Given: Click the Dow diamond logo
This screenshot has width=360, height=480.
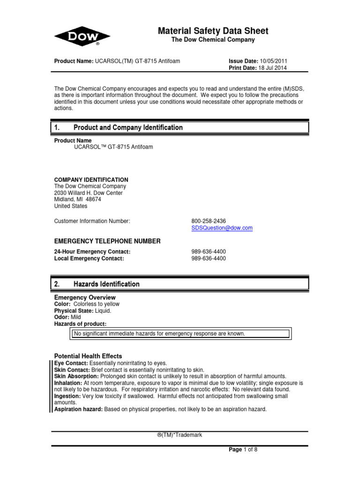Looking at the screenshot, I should tap(82, 36).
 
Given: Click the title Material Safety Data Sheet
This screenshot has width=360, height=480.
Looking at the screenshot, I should tap(213, 31).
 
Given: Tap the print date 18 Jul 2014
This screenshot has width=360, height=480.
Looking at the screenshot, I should tap(270, 67).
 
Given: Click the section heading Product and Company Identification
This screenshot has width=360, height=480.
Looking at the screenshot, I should tap(128, 127).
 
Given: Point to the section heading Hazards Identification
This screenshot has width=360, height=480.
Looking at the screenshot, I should tap(106, 284).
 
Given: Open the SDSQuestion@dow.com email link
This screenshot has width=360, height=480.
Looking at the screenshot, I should tap(222, 228).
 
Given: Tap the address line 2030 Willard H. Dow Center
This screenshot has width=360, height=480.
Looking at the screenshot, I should tap(89, 193).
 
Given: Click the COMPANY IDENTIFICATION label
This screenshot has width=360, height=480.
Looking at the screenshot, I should tap(91, 180).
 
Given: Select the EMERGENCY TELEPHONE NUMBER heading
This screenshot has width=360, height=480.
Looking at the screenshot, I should tap(107, 241).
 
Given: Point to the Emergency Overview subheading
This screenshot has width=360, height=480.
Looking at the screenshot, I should tap(85, 298).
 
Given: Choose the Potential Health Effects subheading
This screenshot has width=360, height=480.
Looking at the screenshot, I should tap(88, 356).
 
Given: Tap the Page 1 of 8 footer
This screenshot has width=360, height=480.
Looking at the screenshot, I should tap(243, 450).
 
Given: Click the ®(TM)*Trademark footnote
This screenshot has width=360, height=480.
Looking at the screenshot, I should tap(180, 435).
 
